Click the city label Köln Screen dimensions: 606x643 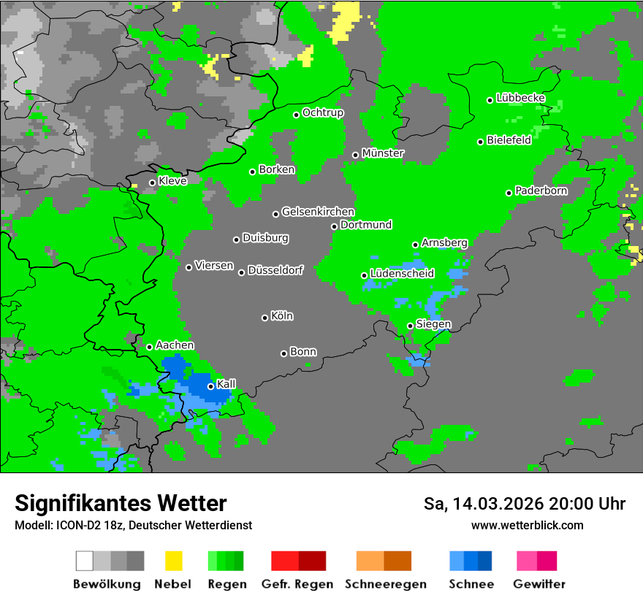coord(282,316)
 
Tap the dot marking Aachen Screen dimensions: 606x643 coord(149,347)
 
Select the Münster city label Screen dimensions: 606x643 coord(383,153)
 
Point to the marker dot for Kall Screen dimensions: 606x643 coord(210,386)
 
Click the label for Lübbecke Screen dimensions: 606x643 coord(521,98)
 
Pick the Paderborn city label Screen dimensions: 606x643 coord(541,191)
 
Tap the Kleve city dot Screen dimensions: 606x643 coord(152,183)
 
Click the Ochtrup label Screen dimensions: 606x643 coord(323,113)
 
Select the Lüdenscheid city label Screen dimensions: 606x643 coord(403,274)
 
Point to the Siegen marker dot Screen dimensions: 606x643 coord(410,326)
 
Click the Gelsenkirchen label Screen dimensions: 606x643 coord(318,212)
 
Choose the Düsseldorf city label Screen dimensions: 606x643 coord(275,270)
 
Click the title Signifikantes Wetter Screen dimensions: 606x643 coord(121,503)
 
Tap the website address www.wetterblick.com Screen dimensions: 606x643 coord(528,525)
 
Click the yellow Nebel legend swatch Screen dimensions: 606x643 coord(173,561)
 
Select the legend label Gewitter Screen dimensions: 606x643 coord(539,584)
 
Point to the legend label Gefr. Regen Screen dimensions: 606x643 coord(297,584)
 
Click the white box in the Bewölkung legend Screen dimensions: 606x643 coord(85,561)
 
